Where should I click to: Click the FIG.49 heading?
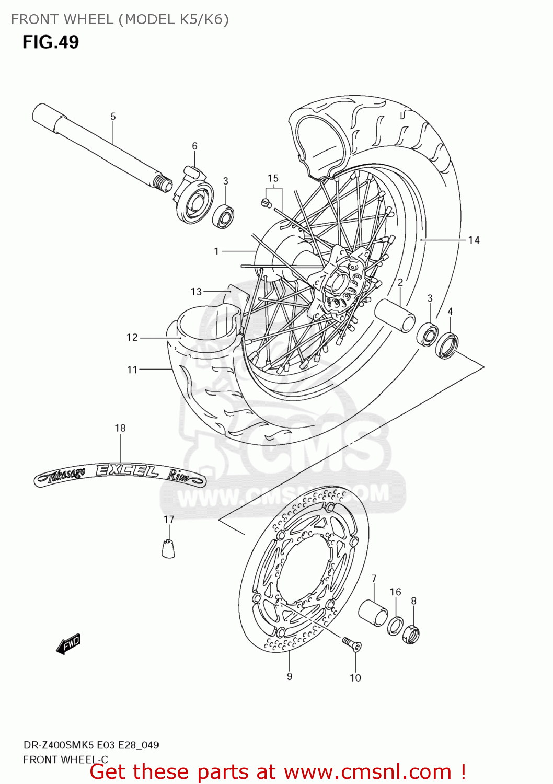(x=51, y=42)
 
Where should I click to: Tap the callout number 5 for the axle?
(x=113, y=117)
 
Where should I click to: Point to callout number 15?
(x=273, y=179)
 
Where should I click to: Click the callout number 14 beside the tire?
(x=474, y=240)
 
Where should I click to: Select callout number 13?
(x=196, y=292)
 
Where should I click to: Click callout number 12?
(x=132, y=338)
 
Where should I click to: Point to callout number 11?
(x=132, y=370)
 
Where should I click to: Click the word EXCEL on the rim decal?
(x=127, y=470)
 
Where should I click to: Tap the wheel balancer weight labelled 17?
(x=168, y=547)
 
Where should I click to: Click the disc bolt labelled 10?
(x=352, y=644)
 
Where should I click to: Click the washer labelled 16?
(x=395, y=625)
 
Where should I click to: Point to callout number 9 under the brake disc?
(x=290, y=676)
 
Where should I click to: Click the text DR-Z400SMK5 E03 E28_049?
(x=91, y=745)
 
